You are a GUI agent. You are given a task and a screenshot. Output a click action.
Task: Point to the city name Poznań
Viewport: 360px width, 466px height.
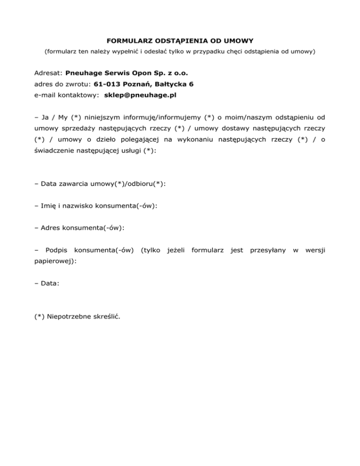[x=140, y=84]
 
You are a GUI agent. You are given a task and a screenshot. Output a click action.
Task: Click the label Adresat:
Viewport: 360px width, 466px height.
[x=48, y=74]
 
